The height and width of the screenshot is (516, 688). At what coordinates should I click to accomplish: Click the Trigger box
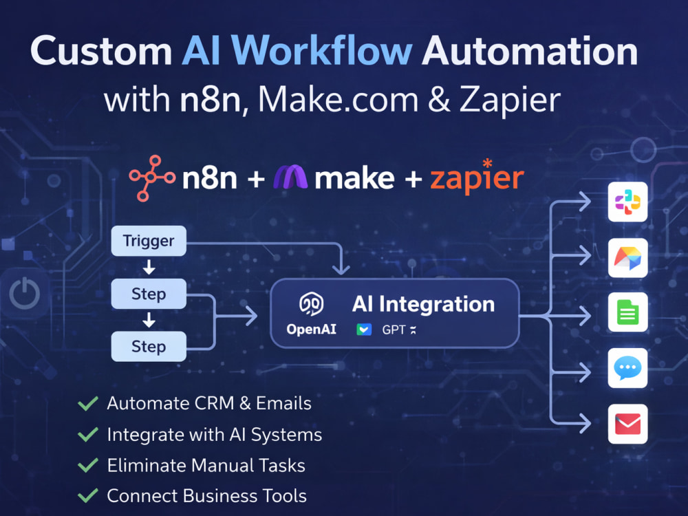(149, 241)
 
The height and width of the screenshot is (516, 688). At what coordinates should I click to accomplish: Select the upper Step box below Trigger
(149, 294)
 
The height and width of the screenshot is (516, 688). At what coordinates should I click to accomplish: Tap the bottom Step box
(149, 346)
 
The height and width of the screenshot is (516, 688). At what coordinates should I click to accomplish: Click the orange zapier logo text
(477, 177)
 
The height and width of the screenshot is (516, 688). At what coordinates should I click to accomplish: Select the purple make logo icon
(290, 177)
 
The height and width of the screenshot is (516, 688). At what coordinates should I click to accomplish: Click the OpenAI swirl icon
(312, 303)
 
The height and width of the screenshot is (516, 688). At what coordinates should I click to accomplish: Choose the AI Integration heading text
(423, 304)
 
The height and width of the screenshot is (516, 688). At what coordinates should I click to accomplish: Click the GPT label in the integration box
(394, 330)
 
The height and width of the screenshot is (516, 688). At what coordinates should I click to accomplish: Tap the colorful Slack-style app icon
(627, 202)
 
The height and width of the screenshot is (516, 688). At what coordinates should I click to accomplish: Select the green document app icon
(627, 312)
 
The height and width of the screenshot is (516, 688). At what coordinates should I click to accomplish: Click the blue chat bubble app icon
(627, 367)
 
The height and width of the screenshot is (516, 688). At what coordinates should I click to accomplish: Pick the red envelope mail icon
(627, 424)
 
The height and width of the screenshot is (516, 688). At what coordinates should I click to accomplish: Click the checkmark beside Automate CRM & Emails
(88, 403)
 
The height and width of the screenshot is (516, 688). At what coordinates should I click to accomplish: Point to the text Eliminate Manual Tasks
(206, 466)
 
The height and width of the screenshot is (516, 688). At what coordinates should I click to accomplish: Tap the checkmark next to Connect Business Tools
(88, 496)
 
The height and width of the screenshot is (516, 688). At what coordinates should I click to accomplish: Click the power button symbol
(25, 293)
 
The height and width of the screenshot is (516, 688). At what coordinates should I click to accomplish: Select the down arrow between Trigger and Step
(149, 267)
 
